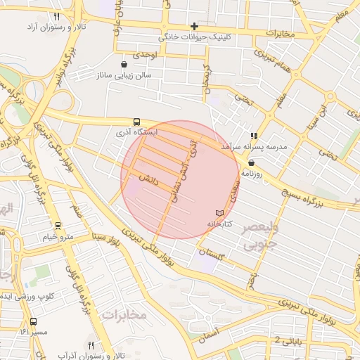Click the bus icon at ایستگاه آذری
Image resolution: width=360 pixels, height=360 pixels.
tap(136, 122)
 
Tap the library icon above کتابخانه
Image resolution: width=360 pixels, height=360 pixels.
tap(219, 213)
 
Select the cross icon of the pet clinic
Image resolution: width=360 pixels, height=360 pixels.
tap(195, 27)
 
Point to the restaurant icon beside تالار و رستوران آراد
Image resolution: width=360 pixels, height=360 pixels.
tap(56, 16)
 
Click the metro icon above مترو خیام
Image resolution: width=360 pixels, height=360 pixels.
tap(58, 226)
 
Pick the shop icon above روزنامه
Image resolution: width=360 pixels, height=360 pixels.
tap(251, 162)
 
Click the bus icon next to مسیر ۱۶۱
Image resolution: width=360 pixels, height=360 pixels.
tap(33, 321)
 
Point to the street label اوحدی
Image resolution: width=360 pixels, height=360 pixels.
tap(146, 54)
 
